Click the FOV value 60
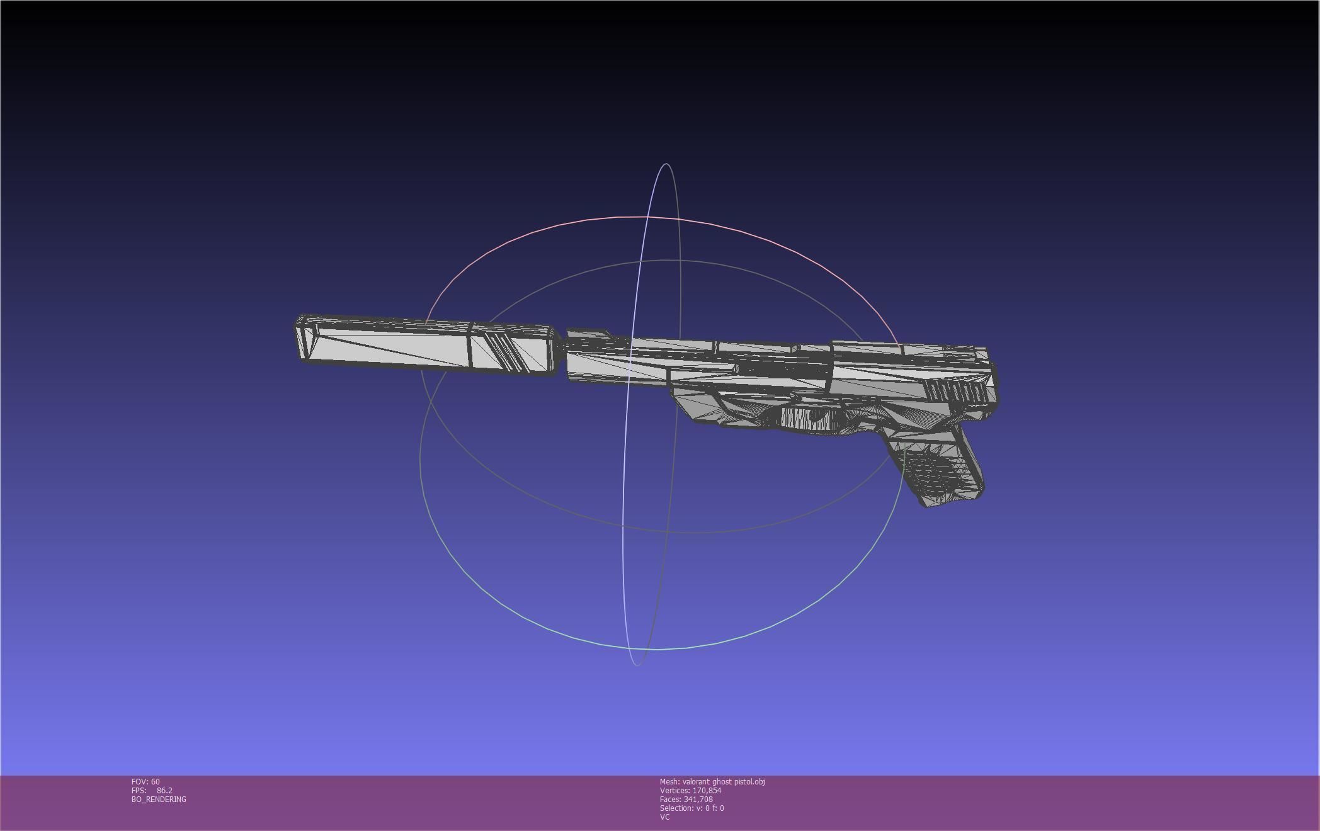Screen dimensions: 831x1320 155,781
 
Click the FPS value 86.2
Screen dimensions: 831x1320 164,790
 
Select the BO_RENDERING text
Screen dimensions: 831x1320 159,799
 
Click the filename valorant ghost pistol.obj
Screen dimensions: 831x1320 724,781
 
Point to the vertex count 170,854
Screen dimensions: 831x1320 707,790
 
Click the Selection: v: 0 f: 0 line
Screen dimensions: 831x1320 691,808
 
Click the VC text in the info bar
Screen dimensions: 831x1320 664,817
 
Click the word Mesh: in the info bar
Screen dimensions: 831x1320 669,781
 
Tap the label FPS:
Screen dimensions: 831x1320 139,790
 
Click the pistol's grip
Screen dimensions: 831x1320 938,466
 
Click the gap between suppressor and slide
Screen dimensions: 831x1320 560,353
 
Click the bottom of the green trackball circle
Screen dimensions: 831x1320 655,648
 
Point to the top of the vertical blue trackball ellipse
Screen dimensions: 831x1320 666,164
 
